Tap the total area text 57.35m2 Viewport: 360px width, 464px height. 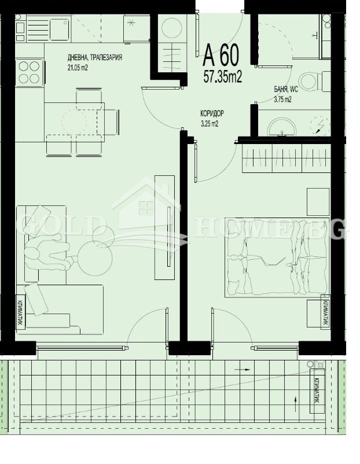[x=222, y=76]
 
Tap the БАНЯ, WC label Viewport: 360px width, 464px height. [x=286, y=90]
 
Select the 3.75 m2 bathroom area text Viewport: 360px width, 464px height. [x=282, y=99]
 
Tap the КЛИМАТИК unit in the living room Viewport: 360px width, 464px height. [x=21, y=313]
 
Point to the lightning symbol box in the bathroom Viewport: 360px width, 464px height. [x=318, y=125]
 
